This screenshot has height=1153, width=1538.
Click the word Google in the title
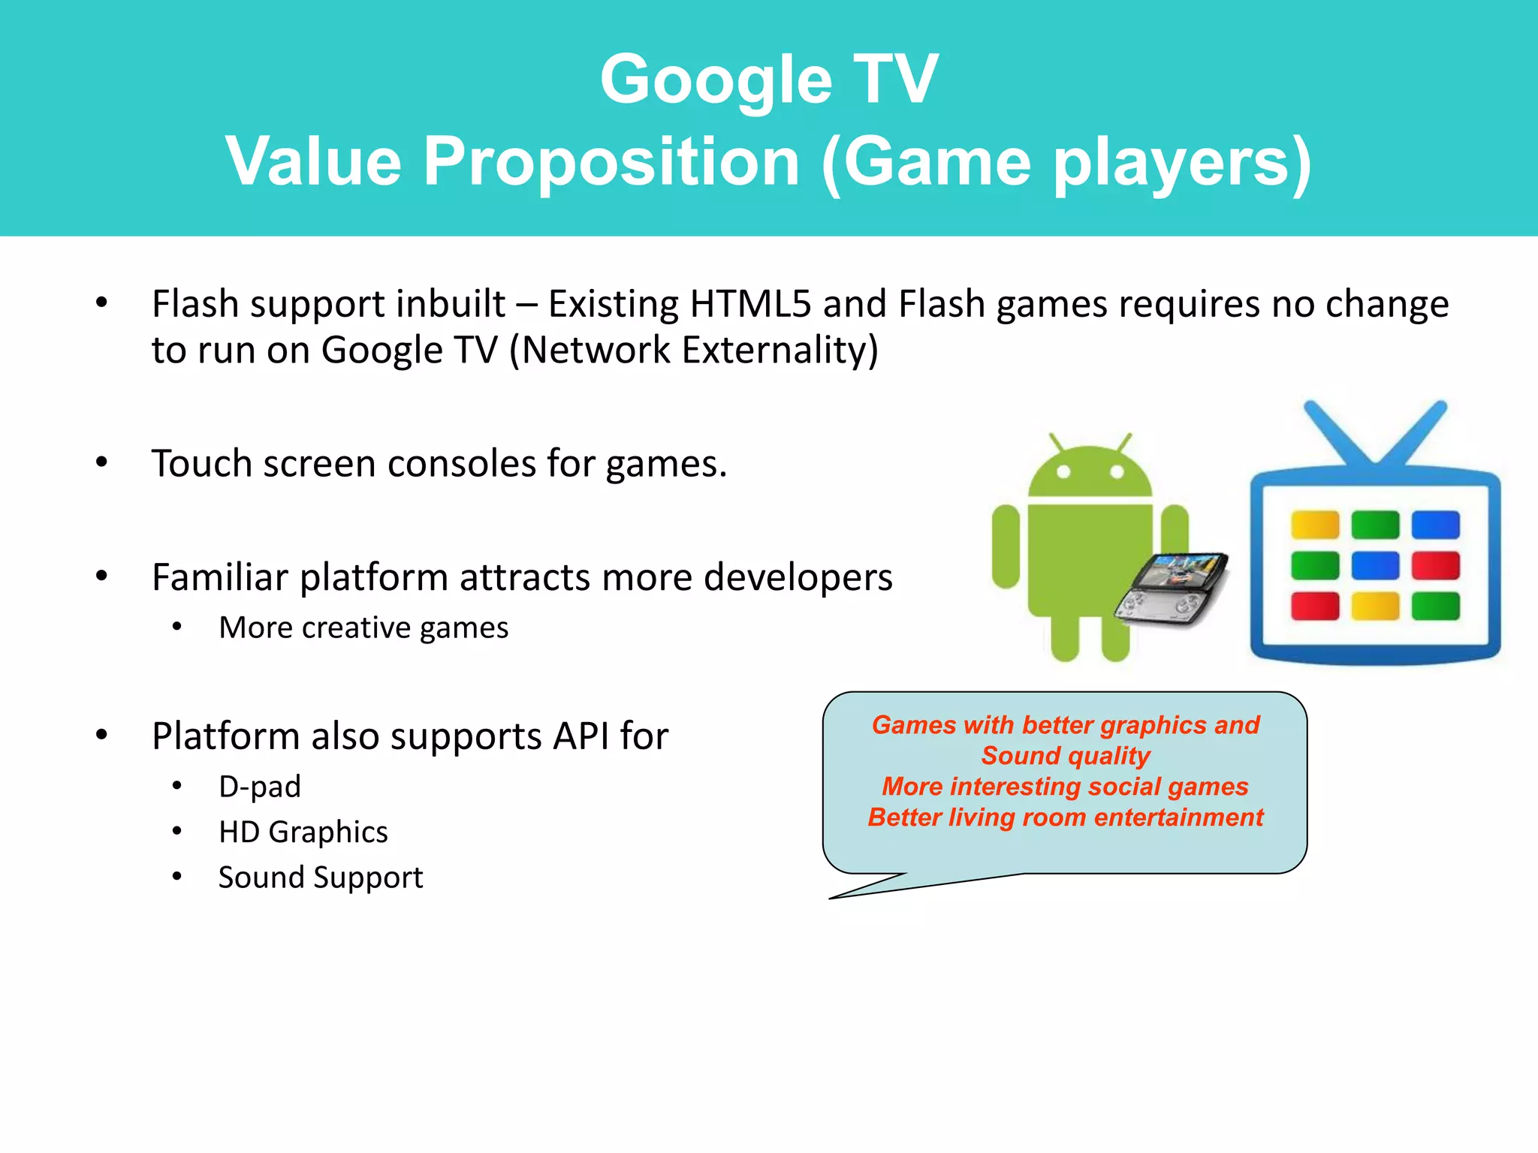(715, 80)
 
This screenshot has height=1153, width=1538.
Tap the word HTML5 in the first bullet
(750, 305)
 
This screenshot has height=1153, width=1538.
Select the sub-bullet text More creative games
(363, 628)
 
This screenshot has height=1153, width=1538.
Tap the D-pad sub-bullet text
(260, 787)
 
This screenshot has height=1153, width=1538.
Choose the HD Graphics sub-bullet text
(303, 832)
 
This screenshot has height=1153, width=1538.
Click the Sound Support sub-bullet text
(321, 878)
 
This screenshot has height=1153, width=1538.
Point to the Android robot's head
(1090, 473)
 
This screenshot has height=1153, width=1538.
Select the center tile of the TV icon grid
(1375, 565)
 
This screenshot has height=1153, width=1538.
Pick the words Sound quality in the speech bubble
(1066, 756)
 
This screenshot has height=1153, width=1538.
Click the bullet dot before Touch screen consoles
(102, 462)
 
